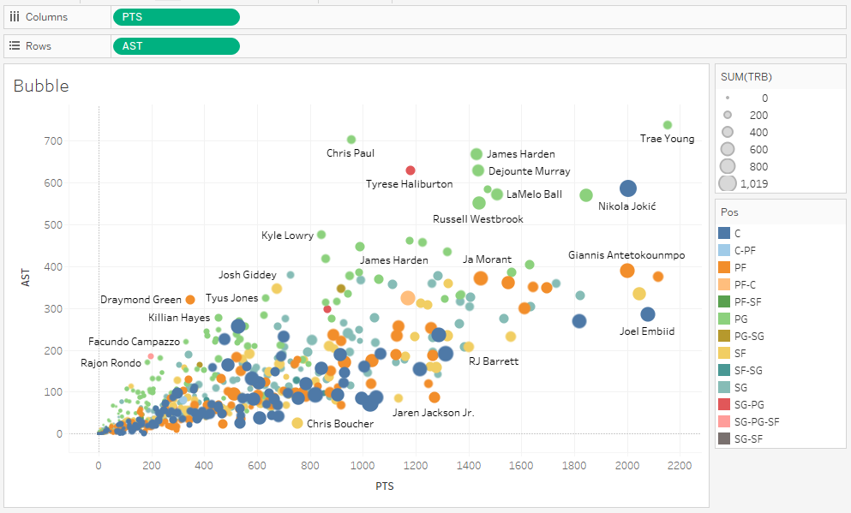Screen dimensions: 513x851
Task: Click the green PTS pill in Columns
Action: (x=176, y=17)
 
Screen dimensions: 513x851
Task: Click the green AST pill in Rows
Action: (x=176, y=46)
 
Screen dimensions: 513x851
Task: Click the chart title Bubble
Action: (x=41, y=86)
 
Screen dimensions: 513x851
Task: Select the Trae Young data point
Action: (x=668, y=125)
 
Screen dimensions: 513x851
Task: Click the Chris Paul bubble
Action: (x=351, y=140)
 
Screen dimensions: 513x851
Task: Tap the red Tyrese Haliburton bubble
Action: (x=411, y=170)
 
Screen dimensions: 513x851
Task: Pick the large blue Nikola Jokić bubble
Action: (x=628, y=188)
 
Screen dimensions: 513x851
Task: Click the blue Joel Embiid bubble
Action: (x=648, y=314)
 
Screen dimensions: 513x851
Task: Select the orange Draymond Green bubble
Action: (x=190, y=300)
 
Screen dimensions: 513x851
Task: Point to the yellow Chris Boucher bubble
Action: (x=297, y=423)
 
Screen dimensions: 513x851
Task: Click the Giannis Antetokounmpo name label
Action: (x=626, y=255)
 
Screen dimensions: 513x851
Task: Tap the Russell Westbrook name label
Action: (x=477, y=219)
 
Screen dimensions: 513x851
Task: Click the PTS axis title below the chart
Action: (x=383, y=486)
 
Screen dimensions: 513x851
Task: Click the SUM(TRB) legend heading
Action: (x=746, y=77)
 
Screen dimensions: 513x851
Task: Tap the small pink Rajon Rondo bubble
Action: (x=151, y=355)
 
